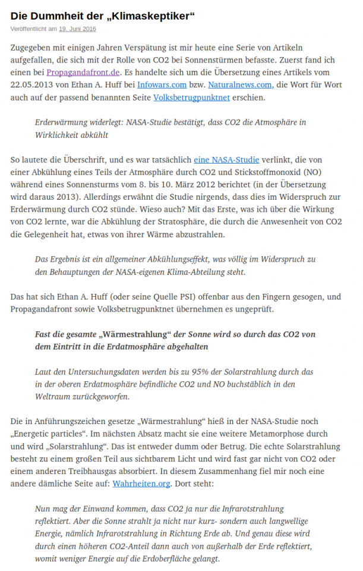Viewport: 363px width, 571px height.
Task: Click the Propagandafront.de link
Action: point(93,72)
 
